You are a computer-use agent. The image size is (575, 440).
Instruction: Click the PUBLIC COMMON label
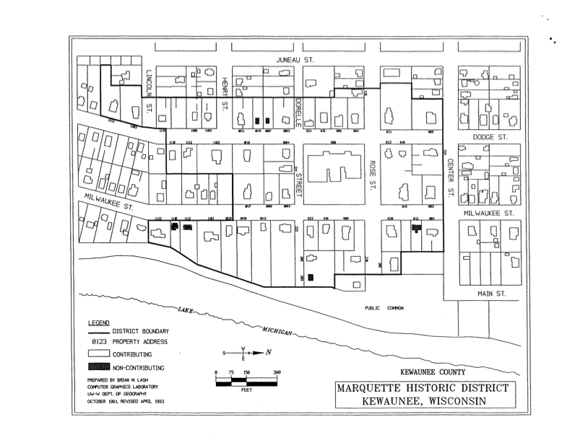(x=384, y=308)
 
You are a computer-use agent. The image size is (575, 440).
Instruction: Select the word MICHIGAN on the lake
(x=277, y=331)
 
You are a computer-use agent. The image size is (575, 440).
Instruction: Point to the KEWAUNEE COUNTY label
(x=432, y=371)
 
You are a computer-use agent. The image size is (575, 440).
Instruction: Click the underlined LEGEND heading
(x=98, y=321)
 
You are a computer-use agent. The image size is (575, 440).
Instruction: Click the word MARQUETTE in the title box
(x=371, y=389)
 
